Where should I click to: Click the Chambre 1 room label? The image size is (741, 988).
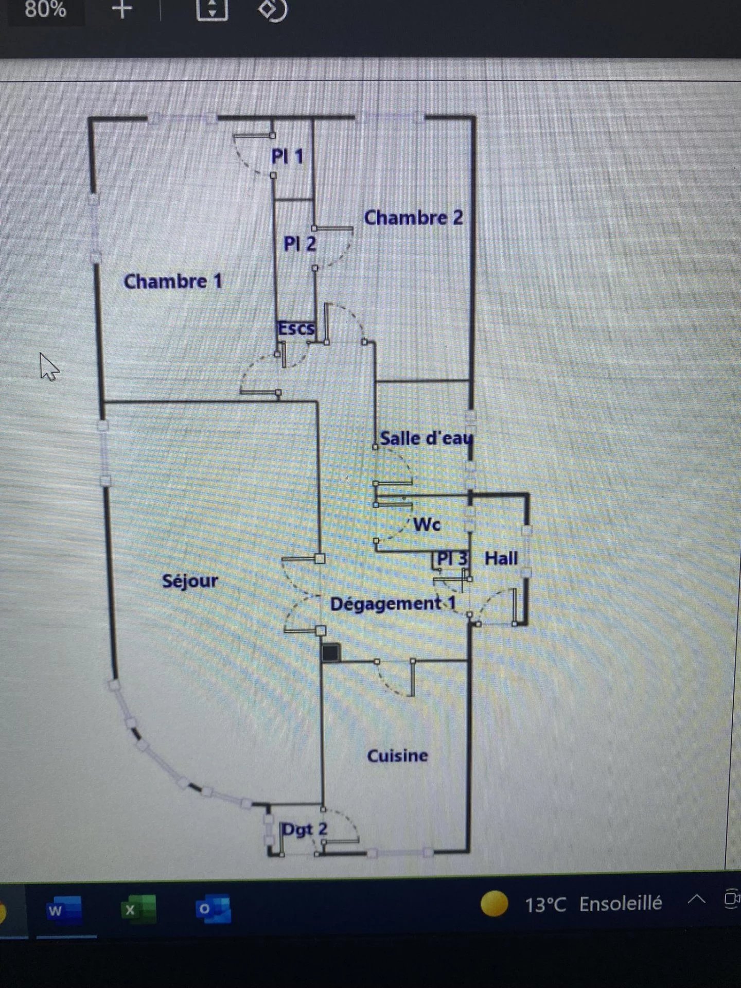pos(173,281)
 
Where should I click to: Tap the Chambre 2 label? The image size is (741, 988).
pos(413,218)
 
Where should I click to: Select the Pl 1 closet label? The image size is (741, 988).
pos(287,156)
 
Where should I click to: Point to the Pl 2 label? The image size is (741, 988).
pos(299,243)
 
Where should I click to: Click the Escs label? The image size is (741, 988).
pos(296,328)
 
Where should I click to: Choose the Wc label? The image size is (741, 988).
pos(427,524)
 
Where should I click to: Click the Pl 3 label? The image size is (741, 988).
pos(452,558)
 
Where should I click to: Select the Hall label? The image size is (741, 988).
pos(501,558)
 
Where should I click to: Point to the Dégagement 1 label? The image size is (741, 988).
pos(393,604)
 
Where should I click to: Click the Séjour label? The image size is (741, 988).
pos(190,581)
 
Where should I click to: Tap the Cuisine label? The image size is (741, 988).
pos(397,755)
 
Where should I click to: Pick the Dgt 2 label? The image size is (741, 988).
pos(305,829)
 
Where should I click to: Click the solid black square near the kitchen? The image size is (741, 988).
pos(331,652)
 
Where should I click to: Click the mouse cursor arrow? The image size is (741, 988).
pos(48,366)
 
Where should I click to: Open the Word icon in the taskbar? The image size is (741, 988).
pos(64,910)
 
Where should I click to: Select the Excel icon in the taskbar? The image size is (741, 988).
pos(138,910)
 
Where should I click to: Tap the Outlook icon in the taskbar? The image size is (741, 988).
pos(213,910)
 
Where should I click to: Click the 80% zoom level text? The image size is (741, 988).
pos(45,9)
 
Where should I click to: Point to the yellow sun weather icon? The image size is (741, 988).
pos(495,904)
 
